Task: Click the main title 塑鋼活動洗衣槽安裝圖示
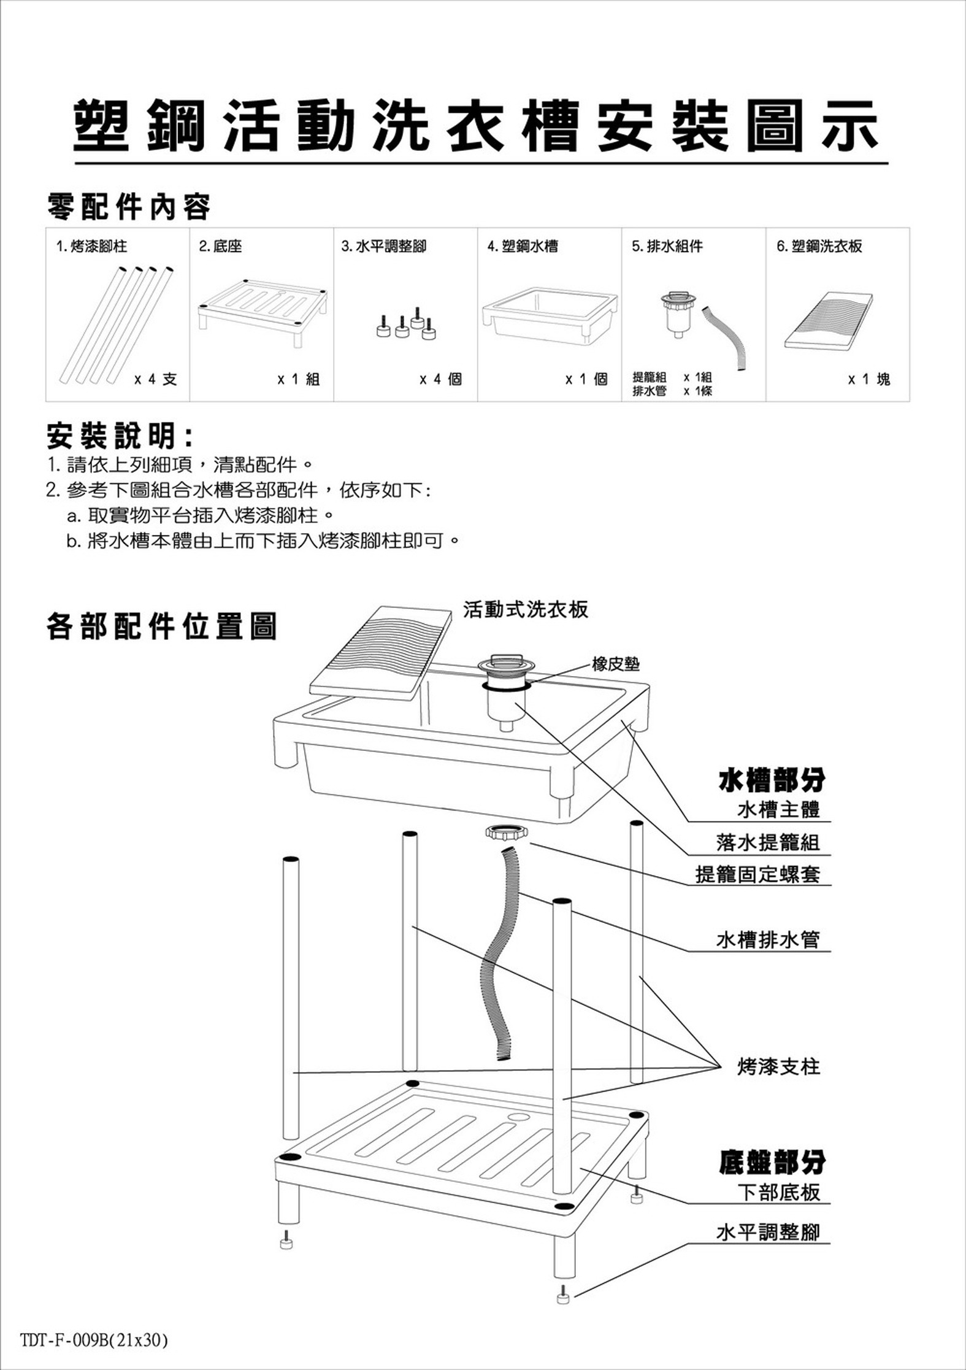pos(477,126)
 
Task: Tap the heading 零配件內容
pos(129,207)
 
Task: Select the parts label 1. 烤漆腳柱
pos(91,247)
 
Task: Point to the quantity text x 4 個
pos(440,379)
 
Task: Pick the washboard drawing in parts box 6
pos(828,321)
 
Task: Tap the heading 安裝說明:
pos(120,436)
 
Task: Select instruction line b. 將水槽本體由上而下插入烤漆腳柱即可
pos(263,541)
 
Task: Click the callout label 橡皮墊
pos(616,664)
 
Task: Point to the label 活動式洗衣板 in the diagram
pos(526,609)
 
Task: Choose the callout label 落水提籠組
pos(768,842)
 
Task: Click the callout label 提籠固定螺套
pos(757,874)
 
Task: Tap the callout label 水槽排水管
pos(768,939)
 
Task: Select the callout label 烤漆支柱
pos(778,1066)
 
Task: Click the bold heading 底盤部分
pos(772,1162)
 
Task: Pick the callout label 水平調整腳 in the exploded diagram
pos(768,1231)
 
